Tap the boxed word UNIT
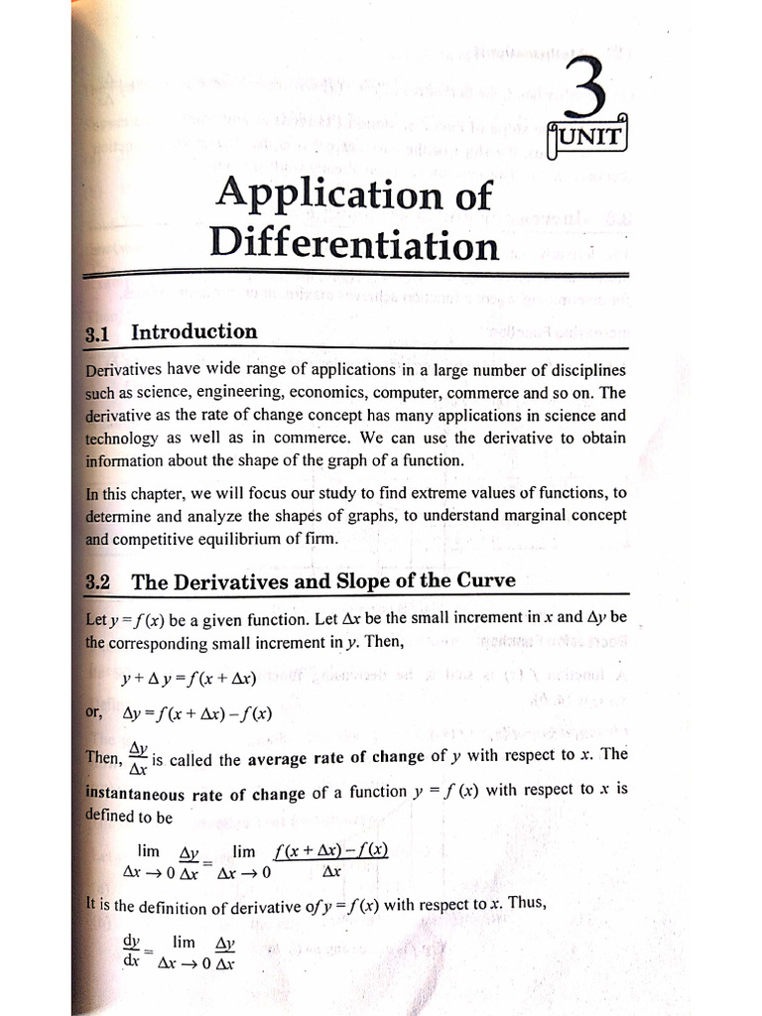click(590, 137)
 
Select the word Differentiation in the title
click(354, 243)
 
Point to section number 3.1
click(96, 334)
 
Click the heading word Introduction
click(194, 331)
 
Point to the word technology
click(121, 439)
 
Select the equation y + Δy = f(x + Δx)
click(189, 680)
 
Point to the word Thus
click(526, 903)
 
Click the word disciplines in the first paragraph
click(582, 370)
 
